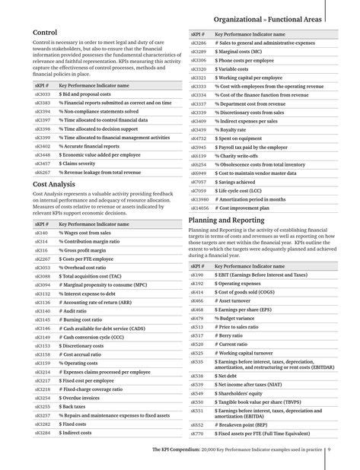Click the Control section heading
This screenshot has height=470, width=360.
46,32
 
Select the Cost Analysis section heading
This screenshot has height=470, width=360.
54,184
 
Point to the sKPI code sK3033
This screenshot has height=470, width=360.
43,95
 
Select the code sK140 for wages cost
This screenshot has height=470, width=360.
41,233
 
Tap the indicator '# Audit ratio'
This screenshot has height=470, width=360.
76,311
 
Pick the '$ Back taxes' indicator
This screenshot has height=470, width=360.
76,407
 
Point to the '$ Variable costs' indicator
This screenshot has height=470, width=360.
237,68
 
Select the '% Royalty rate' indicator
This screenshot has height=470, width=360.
237,130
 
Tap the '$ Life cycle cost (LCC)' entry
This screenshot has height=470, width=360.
246,190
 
